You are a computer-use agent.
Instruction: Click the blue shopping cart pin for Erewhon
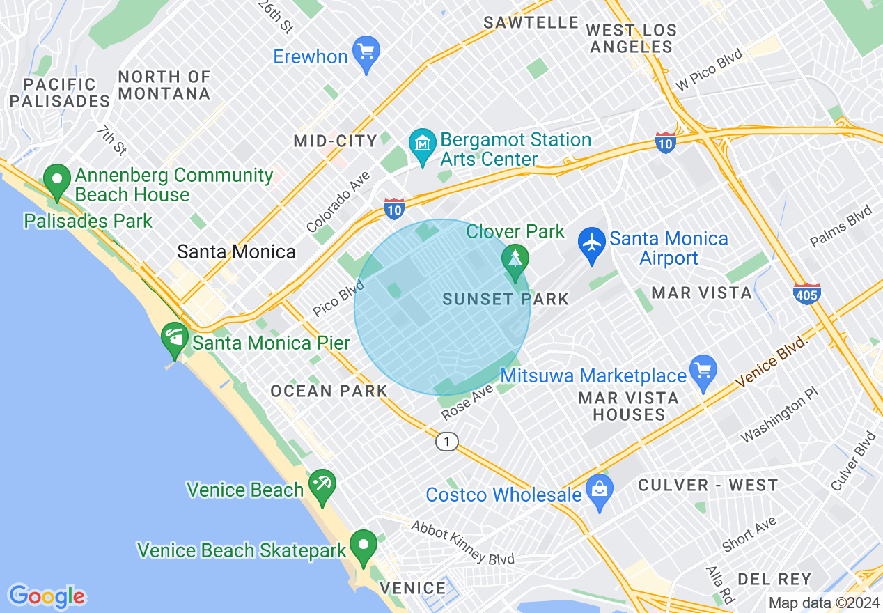(366, 52)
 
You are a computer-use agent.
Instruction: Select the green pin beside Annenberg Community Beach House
(56, 180)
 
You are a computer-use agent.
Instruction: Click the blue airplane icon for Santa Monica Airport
(592, 245)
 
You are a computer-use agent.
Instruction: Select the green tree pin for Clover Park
(515, 261)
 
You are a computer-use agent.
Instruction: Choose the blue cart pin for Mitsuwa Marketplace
(703, 371)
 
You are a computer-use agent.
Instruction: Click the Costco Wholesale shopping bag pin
(599, 490)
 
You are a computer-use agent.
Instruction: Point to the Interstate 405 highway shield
(806, 293)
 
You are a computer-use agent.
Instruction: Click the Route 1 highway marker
(447, 442)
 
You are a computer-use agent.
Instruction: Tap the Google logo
(47, 596)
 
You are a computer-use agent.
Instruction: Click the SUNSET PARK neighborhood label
(506, 300)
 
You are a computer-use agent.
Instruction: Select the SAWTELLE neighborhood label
(531, 22)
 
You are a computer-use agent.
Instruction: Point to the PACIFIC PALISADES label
(59, 93)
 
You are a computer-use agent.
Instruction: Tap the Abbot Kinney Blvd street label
(462, 543)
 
